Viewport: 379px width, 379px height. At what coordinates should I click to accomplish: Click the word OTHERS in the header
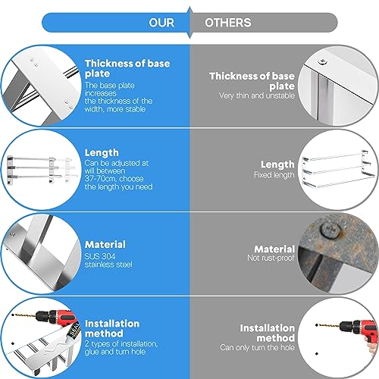click(x=227, y=23)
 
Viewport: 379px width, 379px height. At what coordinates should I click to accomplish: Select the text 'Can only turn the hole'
click(x=257, y=348)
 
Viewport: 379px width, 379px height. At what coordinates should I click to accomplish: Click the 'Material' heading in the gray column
click(x=274, y=249)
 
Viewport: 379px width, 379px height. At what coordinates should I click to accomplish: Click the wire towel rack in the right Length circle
click(x=335, y=171)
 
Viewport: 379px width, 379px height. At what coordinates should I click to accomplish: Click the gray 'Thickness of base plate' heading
click(x=252, y=80)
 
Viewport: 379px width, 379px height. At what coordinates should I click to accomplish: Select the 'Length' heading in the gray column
click(x=277, y=164)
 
